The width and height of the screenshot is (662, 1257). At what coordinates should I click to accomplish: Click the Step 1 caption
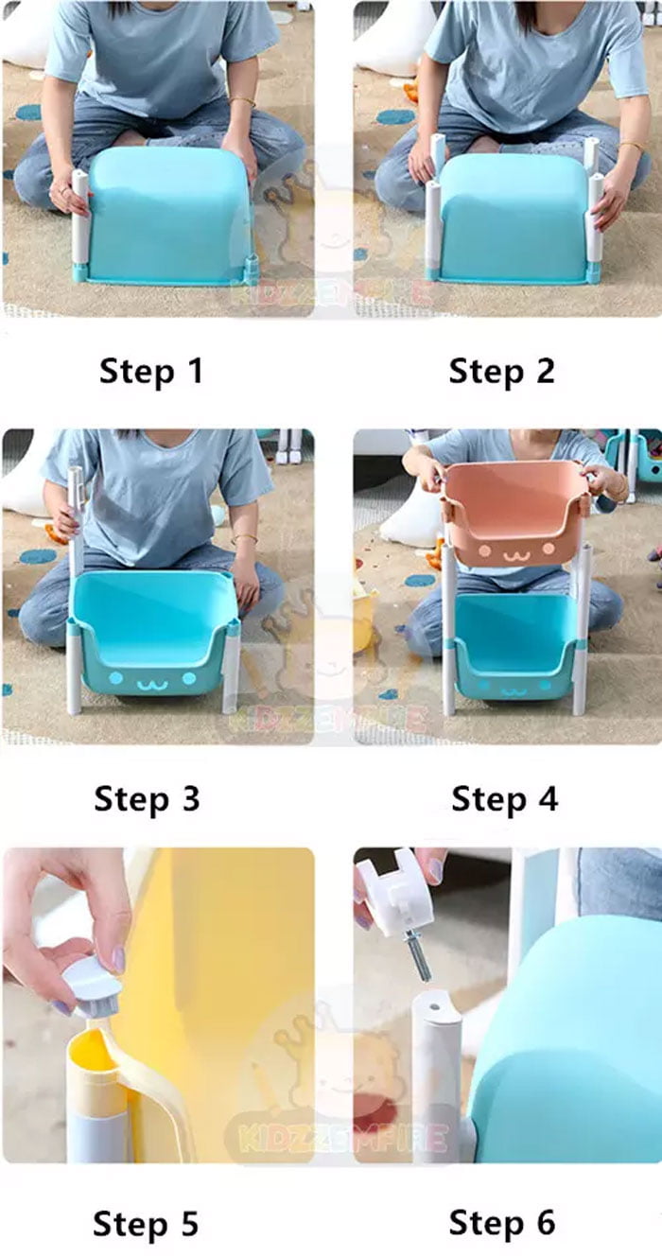click(x=150, y=371)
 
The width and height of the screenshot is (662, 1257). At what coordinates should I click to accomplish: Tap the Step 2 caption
click(x=501, y=371)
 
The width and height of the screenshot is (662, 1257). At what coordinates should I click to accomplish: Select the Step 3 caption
click(x=147, y=798)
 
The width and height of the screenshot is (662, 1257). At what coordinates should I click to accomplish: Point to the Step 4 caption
click(x=504, y=798)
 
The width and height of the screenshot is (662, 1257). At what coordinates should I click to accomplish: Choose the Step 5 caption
click(x=146, y=1223)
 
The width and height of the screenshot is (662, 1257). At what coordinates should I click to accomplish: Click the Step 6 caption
click(x=501, y=1221)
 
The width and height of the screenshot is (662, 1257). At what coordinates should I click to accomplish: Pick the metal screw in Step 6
click(x=418, y=955)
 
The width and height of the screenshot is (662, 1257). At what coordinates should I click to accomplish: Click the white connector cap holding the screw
click(x=394, y=894)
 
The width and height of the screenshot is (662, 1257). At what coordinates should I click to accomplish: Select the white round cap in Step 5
click(x=92, y=984)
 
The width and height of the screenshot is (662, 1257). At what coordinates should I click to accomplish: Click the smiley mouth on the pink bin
click(x=514, y=555)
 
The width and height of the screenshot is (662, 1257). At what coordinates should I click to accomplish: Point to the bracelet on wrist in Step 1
click(x=243, y=100)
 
